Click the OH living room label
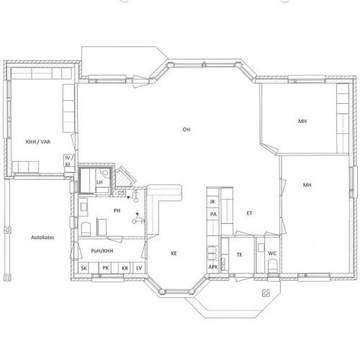186,130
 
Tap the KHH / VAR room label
38,142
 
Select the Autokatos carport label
42,238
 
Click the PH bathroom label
117,210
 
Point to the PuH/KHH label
102,251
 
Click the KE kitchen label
174,253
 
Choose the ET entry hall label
249,213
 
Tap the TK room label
239,255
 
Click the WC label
272,253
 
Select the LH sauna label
99,182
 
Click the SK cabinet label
84,268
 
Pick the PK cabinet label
106,268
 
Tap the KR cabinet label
125,268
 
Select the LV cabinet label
139,268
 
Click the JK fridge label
212,202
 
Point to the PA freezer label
213,214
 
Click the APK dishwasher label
213,267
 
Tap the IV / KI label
68,161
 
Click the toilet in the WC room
272,266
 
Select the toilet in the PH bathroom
86,230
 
